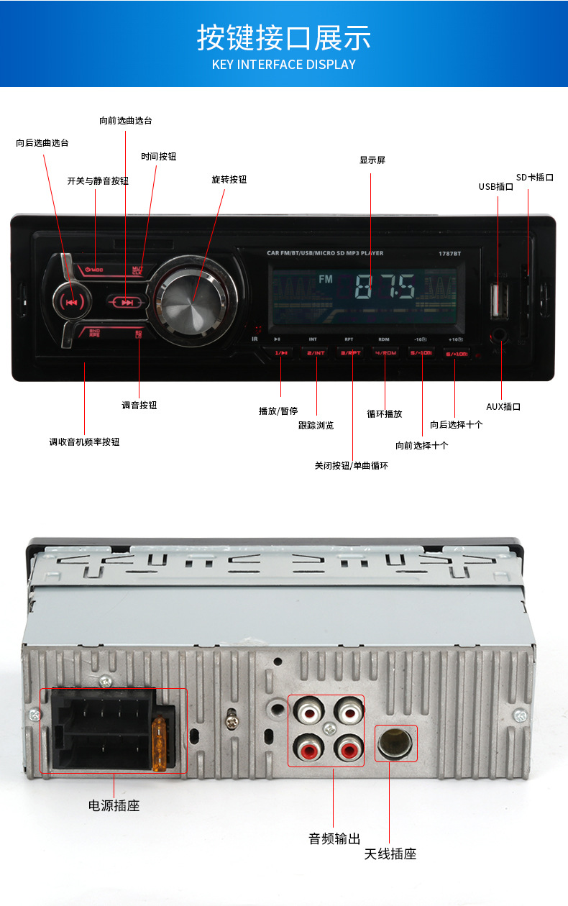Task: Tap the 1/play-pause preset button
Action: pyautogui.click(x=281, y=353)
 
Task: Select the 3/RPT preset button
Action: pyautogui.click(x=351, y=353)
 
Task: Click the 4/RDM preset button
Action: pyautogui.click(x=386, y=353)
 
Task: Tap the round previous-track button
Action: pyautogui.click(x=71, y=302)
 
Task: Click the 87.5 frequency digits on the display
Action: pyautogui.click(x=386, y=288)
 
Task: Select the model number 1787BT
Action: pyautogui.click(x=450, y=253)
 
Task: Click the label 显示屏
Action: pyautogui.click(x=372, y=160)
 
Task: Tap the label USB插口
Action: pyautogui.click(x=496, y=187)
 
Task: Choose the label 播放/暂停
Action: pyautogui.click(x=278, y=411)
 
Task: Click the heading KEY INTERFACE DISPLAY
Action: pyautogui.click(x=284, y=65)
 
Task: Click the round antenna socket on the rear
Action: pyautogui.click(x=395, y=743)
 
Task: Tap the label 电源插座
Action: pyautogui.click(x=114, y=806)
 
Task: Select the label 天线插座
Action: pyautogui.click(x=390, y=854)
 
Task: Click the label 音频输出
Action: pyautogui.click(x=334, y=838)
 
